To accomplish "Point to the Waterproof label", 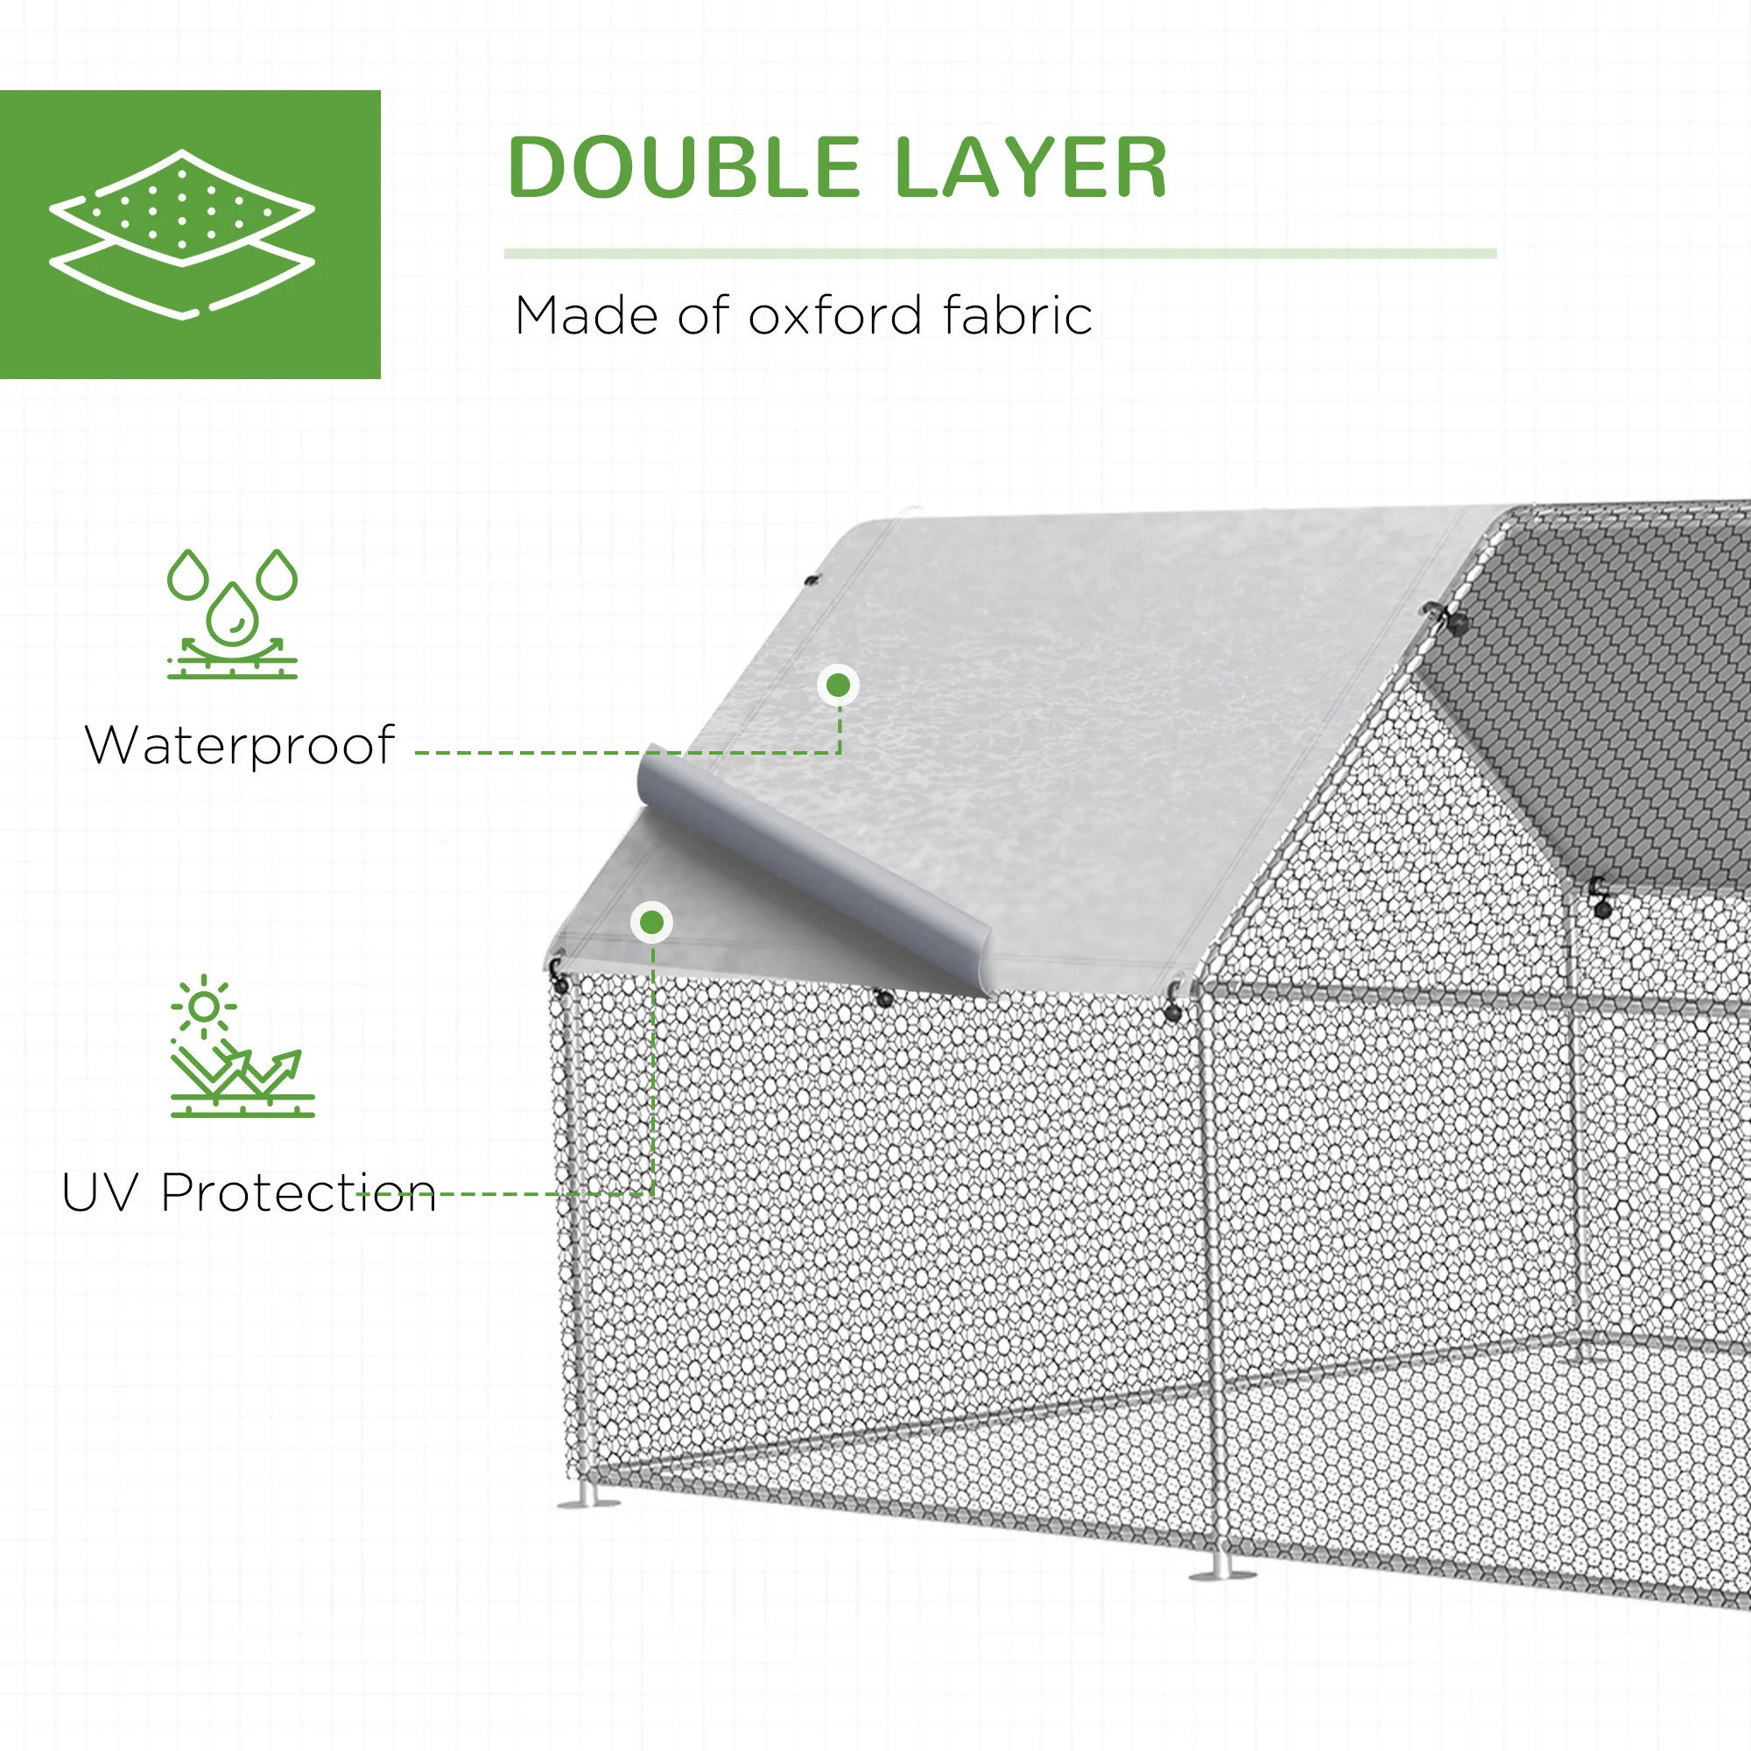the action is [x=240, y=747].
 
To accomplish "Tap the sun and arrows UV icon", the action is [x=242, y=1047].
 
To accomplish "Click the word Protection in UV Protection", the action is [x=299, y=1192].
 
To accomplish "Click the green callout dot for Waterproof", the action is [x=839, y=686].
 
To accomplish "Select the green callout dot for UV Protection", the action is [x=651, y=923].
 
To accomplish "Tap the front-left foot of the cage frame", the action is [x=588, y=1502].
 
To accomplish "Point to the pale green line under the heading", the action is [x=1000, y=254].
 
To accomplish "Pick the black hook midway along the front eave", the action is [x=883, y=998].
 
